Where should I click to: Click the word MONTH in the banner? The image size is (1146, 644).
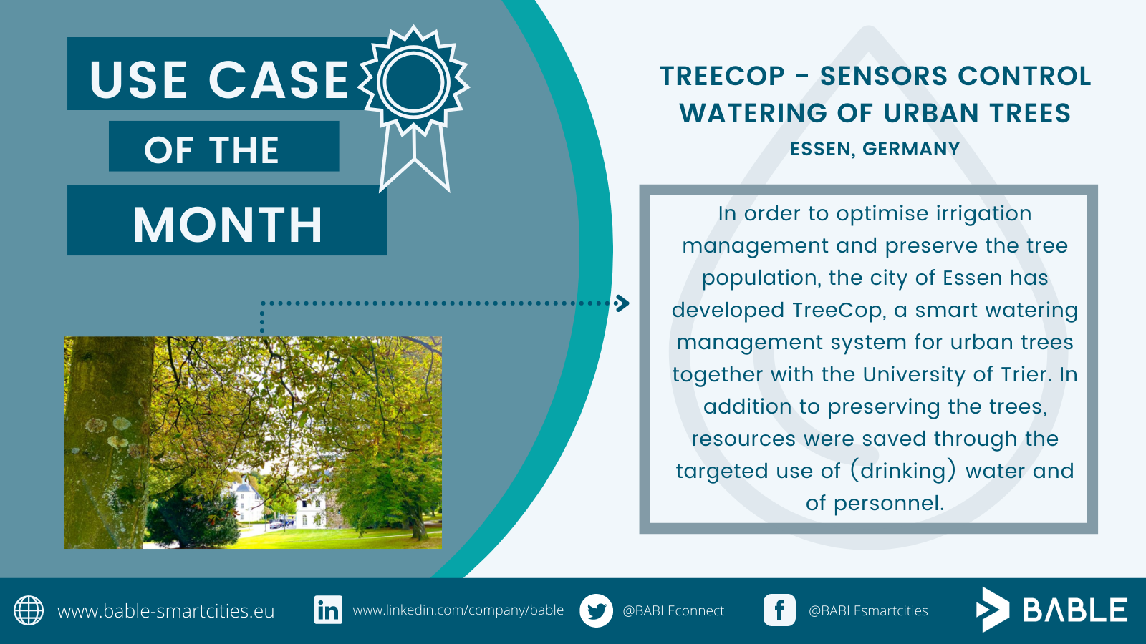(228, 225)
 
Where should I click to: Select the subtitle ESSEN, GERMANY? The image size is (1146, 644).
(875, 149)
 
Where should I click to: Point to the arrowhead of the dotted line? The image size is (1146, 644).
(622, 303)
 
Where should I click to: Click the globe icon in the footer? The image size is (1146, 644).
(29, 610)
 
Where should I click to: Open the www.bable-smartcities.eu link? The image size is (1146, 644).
(165, 611)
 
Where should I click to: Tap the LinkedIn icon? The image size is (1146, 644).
(328, 610)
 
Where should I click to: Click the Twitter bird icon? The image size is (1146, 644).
(596, 610)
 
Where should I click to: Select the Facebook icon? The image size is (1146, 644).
(779, 610)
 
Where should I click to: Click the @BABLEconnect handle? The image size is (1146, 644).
(673, 611)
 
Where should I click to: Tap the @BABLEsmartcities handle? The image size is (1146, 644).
(868, 611)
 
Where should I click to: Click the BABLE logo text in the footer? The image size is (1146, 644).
(1075, 610)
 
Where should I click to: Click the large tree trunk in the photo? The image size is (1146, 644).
(109, 442)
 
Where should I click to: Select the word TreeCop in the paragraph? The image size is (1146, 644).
(837, 310)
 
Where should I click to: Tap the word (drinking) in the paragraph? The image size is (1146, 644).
(903, 472)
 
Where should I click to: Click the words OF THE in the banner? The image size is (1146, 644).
(211, 150)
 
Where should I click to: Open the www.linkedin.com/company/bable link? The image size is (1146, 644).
(458, 610)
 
